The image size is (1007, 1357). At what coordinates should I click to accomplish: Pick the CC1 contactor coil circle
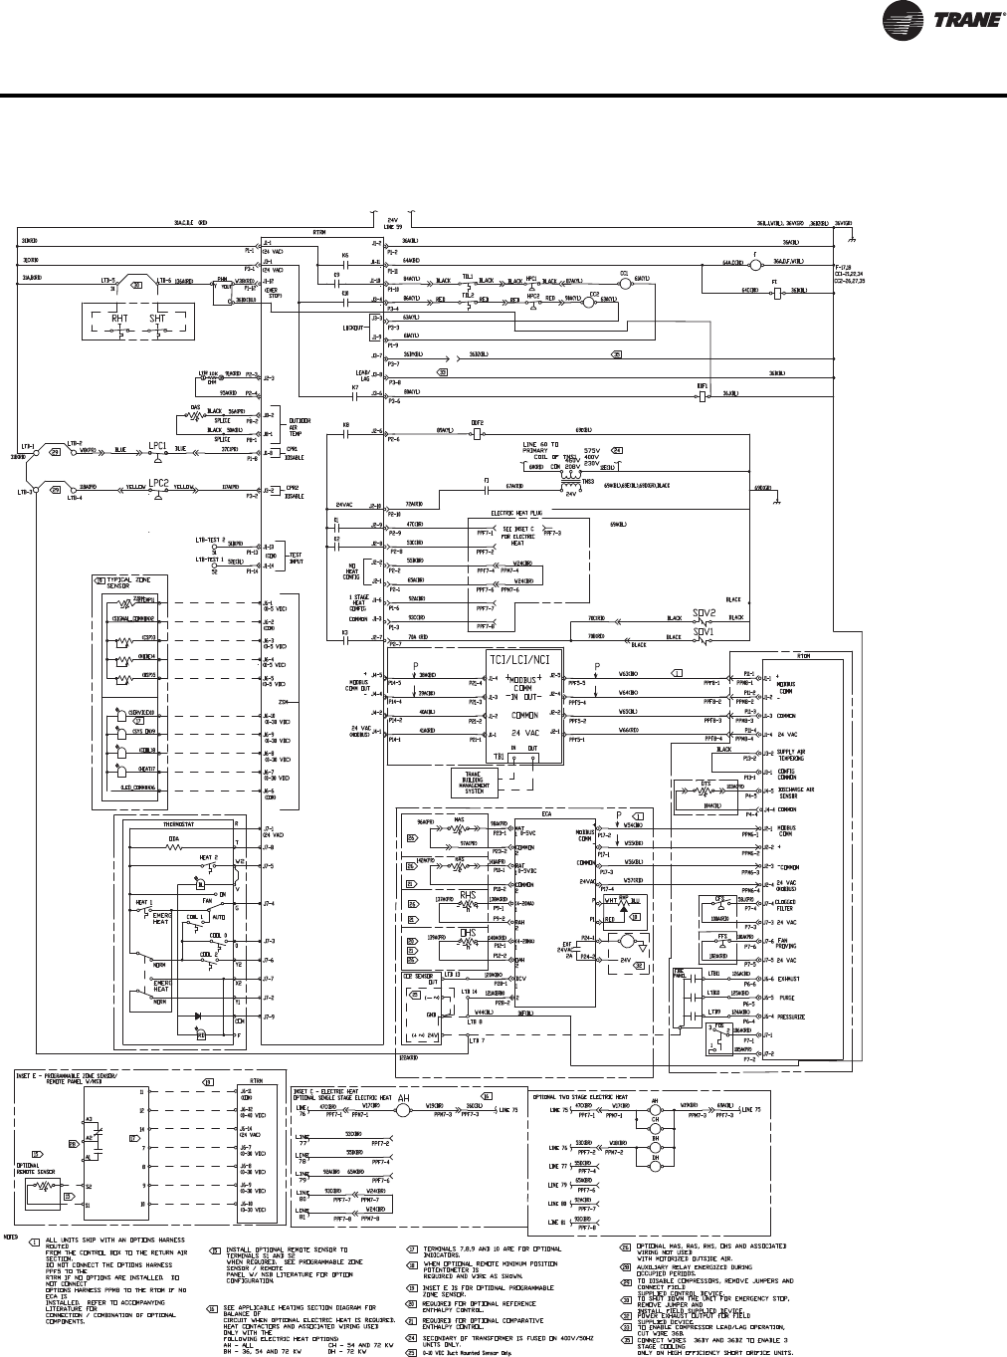[x=624, y=282]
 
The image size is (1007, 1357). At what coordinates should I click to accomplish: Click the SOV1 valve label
[x=705, y=632]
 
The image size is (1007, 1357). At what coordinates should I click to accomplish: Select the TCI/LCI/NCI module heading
[x=523, y=660]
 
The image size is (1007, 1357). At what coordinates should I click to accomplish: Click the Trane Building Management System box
[x=474, y=781]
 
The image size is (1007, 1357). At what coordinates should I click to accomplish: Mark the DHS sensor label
[x=467, y=934]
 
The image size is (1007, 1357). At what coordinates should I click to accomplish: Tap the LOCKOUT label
[x=353, y=326]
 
